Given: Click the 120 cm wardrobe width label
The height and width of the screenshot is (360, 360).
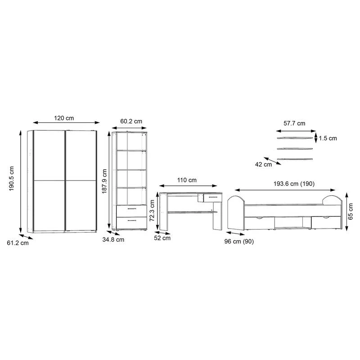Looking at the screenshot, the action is click(x=64, y=118).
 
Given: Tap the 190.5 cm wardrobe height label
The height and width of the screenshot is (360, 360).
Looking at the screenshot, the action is click(x=12, y=179).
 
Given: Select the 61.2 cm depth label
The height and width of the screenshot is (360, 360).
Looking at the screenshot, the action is click(x=18, y=243).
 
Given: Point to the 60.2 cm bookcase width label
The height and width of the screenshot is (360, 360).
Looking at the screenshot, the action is click(x=131, y=121).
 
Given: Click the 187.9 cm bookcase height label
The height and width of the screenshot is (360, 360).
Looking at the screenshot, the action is click(x=104, y=181).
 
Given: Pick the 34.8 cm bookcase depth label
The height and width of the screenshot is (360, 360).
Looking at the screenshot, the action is click(x=113, y=240).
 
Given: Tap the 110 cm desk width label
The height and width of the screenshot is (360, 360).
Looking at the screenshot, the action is click(x=187, y=180).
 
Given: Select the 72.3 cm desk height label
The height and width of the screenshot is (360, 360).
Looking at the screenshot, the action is click(x=152, y=211).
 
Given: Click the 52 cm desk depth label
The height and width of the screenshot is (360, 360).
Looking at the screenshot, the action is click(x=162, y=238).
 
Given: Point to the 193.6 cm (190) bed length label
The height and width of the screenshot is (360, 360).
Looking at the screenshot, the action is click(x=294, y=184).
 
